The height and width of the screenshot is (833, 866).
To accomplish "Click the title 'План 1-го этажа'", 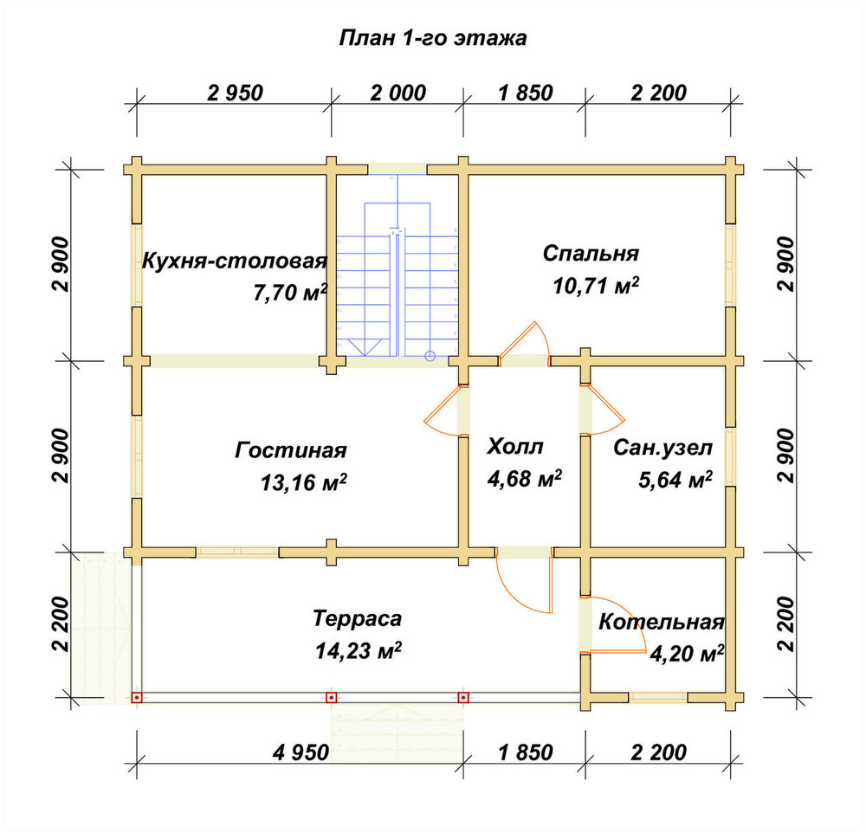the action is tap(432, 38).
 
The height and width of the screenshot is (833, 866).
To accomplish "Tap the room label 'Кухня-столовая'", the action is tap(235, 262).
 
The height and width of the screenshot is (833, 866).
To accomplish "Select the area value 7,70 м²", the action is tap(290, 292).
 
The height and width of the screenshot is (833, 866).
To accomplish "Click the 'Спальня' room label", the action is tap(591, 254).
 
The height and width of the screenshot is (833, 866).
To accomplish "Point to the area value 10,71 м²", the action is tap(596, 286).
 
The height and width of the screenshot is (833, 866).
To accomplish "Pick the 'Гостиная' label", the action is tap(291, 450).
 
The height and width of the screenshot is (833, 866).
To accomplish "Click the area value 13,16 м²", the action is tap(304, 482).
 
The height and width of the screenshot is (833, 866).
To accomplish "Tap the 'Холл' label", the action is tap(514, 446).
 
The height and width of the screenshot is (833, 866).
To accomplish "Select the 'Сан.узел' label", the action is tap(662, 448).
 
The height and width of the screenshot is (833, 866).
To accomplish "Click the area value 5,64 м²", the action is tap(675, 480).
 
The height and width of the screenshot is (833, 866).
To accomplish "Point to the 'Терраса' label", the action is tap(358, 618).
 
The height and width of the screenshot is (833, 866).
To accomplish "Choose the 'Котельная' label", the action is tap(662, 622).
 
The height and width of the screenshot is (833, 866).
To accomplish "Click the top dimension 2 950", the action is tap(236, 93).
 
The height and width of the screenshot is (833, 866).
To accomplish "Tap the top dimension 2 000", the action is tap(398, 93).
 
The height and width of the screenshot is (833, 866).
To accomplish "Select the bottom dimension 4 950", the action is tap(301, 752).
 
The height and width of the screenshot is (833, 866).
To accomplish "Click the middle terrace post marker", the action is tap(331, 698).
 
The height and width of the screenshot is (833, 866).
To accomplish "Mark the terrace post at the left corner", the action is tap(137, 698).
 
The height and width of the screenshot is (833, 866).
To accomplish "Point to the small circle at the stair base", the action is tap(430, 356).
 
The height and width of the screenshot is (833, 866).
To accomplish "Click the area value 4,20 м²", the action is tap(687, 654).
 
